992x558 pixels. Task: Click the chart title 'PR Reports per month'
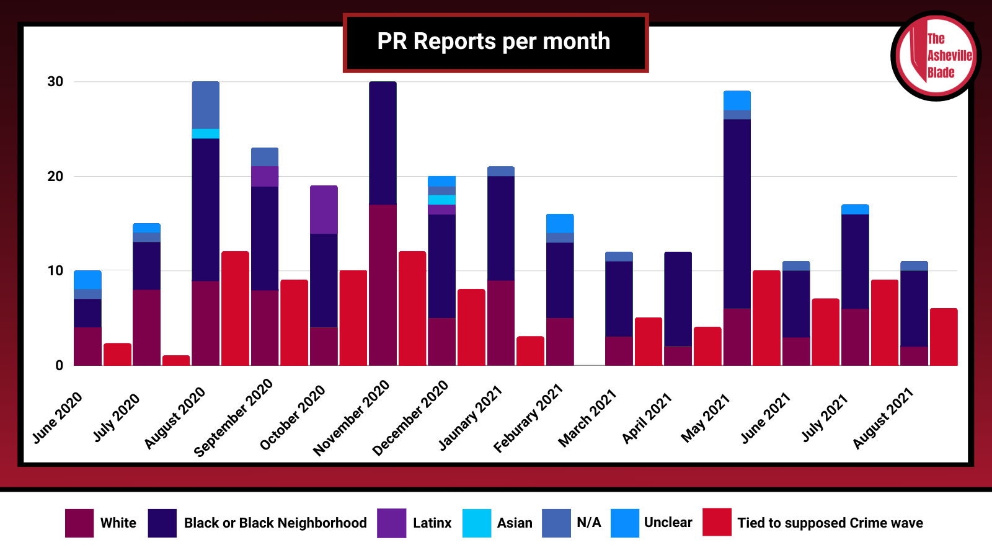point(494,42)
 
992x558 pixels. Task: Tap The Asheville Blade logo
point(936,56)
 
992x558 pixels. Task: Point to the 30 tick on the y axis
point(56,82)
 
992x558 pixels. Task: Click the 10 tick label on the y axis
point(56,271)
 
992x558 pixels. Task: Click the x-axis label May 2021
point(706,418)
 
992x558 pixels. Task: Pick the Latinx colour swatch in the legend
point(391,523)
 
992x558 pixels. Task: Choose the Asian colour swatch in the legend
point(477,523)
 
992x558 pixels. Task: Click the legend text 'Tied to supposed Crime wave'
point(830,523)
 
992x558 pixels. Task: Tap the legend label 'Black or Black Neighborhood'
point(275,523)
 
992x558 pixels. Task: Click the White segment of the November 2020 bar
point(383,285)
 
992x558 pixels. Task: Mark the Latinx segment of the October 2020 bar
point(324,210)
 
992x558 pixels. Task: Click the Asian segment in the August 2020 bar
point(205,133)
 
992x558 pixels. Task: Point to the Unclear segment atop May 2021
point(737,100)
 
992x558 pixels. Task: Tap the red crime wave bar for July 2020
point(176,360)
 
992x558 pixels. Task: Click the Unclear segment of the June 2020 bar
point(87,280)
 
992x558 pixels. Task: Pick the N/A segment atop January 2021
point(501,171)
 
